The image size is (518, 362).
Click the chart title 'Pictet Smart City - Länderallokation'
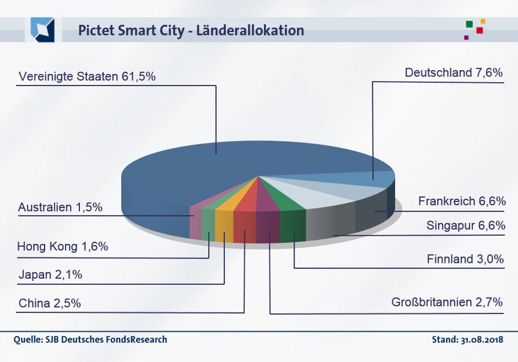191,30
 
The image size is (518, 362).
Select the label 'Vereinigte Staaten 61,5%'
87,77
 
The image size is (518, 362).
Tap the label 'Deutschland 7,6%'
453,73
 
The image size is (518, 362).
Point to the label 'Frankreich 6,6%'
461,201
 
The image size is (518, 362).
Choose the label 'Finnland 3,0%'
465,259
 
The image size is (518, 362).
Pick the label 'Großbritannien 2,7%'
447,302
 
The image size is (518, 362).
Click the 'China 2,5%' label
49,303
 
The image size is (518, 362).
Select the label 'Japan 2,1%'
50,275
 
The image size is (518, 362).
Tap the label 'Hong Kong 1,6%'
63,246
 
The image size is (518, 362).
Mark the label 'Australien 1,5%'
60,207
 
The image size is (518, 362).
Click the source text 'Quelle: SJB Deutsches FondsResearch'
90,340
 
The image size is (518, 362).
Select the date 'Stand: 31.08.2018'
467,340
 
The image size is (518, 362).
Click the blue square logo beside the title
43,29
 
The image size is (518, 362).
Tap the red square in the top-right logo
479,30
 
